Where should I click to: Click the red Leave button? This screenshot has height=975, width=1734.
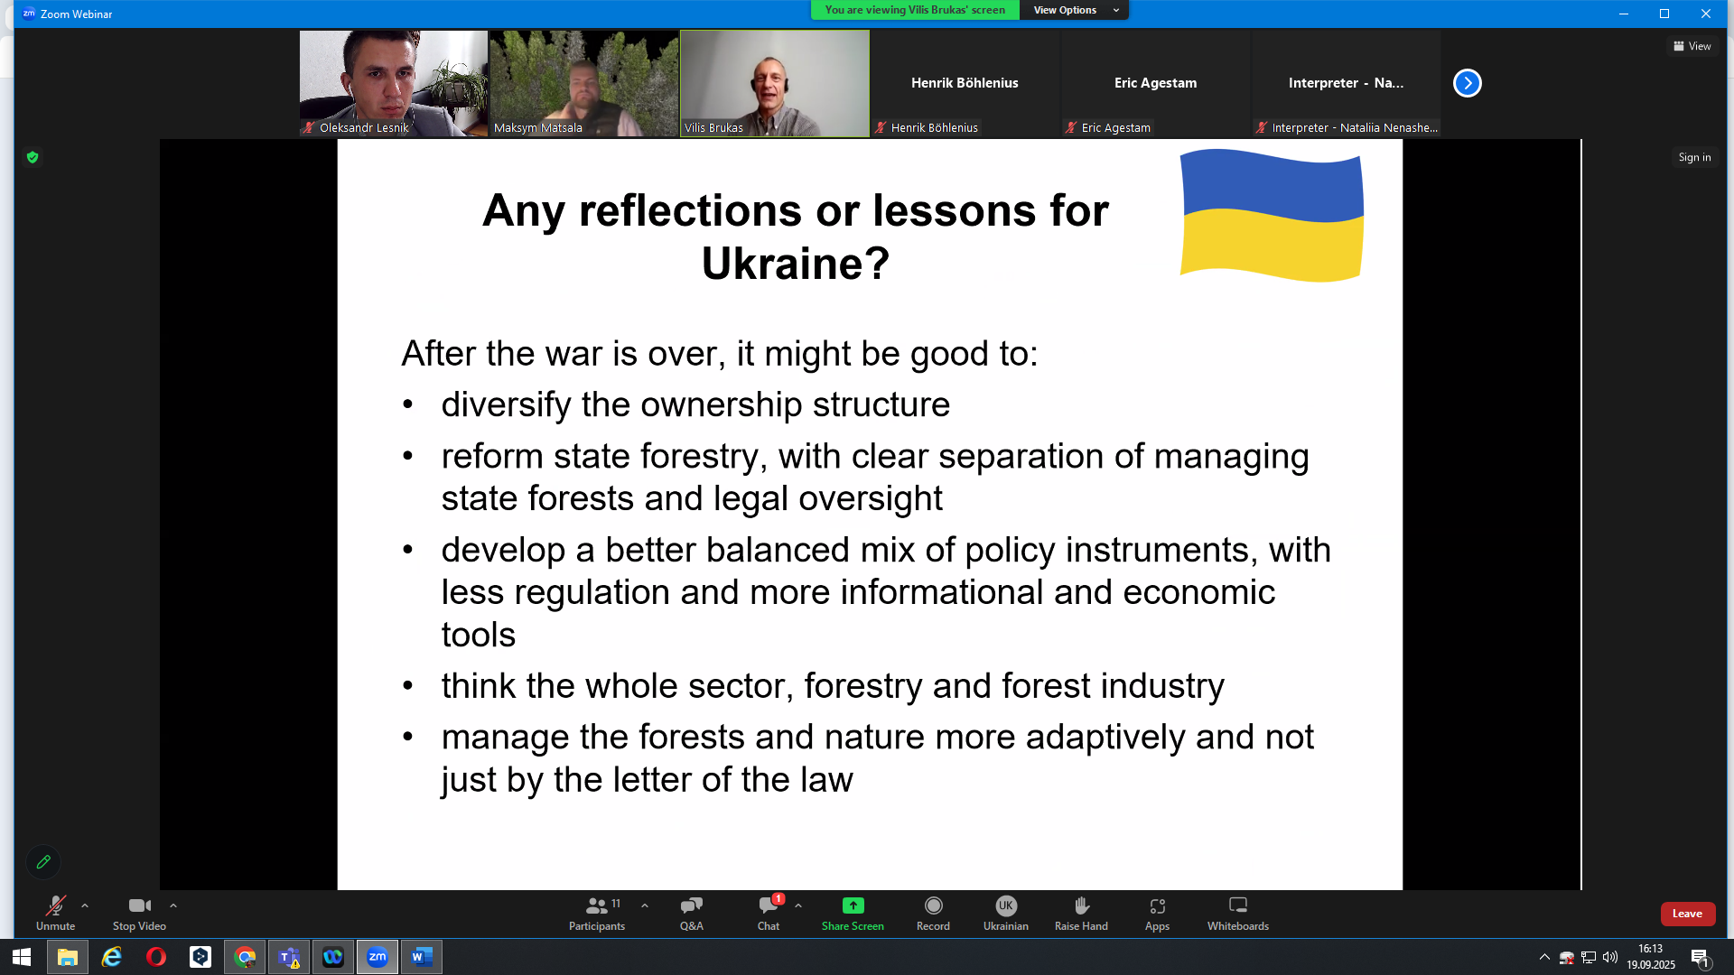1687,914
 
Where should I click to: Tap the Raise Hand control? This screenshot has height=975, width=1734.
1081,913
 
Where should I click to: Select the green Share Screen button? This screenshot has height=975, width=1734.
853,913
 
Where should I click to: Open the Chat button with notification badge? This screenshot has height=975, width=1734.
769,913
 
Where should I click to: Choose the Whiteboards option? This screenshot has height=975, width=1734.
1238,913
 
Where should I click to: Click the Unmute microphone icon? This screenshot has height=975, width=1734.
56,905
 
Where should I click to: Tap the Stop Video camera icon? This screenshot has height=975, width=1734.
139,905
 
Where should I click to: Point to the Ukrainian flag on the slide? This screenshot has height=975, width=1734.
1272,216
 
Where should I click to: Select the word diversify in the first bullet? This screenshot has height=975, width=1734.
507,404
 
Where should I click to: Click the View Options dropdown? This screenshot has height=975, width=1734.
1075,10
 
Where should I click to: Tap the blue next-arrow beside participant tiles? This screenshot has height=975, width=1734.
1468,83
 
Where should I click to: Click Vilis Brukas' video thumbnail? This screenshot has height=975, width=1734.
775,83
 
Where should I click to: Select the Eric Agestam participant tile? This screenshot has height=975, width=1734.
1156,83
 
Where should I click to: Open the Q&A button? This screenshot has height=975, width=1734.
692,913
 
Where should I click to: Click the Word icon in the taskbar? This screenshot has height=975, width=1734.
422,957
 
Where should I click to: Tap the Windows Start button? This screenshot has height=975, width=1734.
22,957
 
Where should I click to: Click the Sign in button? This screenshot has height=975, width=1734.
1694,157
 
